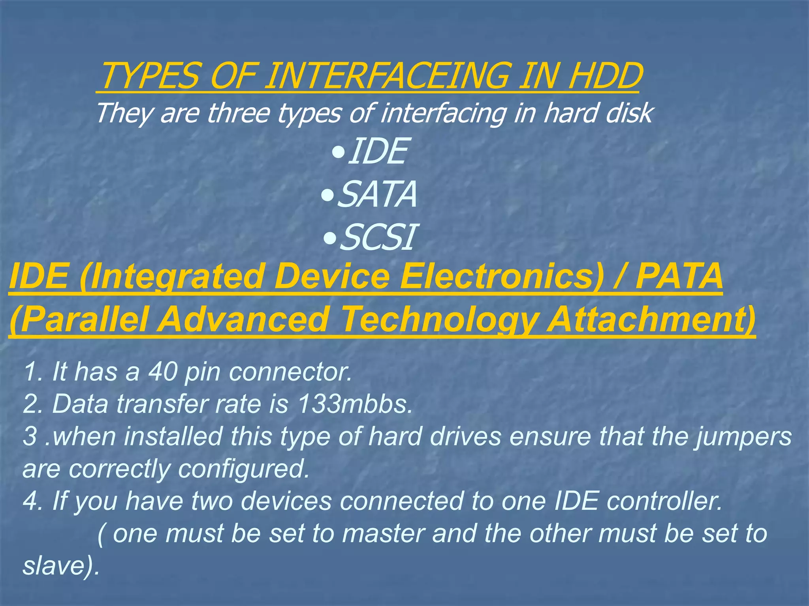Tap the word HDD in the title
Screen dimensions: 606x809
point(604,76)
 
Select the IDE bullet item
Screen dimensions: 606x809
point(377,151)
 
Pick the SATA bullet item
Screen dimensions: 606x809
point(377,194)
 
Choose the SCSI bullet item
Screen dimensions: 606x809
point(377,237)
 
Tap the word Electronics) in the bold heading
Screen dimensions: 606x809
point(502,276)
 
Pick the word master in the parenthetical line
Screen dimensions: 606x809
point(383,533)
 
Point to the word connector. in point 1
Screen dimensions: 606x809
point(290,372)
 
